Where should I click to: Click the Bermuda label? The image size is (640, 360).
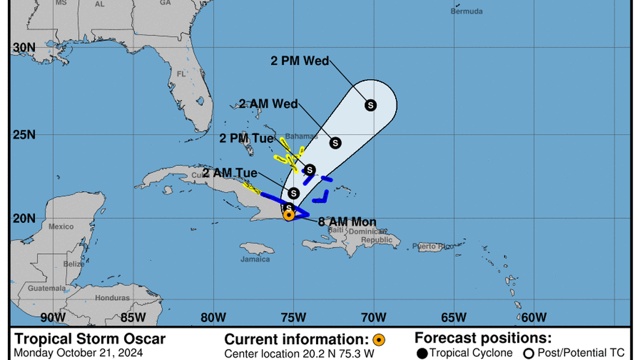467,11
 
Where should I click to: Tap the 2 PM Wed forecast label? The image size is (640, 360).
300,61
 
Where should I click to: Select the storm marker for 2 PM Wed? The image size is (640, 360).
371,104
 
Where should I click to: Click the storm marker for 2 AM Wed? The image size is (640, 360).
336,143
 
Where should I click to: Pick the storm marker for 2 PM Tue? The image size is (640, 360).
309,170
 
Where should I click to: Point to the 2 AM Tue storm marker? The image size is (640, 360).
293,193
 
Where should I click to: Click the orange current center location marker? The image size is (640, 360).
289,214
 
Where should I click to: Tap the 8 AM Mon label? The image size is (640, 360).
347,222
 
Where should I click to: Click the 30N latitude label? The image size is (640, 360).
24,48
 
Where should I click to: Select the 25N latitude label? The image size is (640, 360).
24,135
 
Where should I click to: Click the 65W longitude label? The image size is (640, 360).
454,317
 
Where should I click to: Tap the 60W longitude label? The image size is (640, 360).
534,317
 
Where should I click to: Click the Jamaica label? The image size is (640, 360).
251,259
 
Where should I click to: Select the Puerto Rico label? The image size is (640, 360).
432,246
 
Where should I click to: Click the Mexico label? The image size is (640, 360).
61,226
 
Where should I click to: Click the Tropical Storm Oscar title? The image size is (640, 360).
90,339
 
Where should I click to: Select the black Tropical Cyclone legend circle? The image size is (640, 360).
423,353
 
